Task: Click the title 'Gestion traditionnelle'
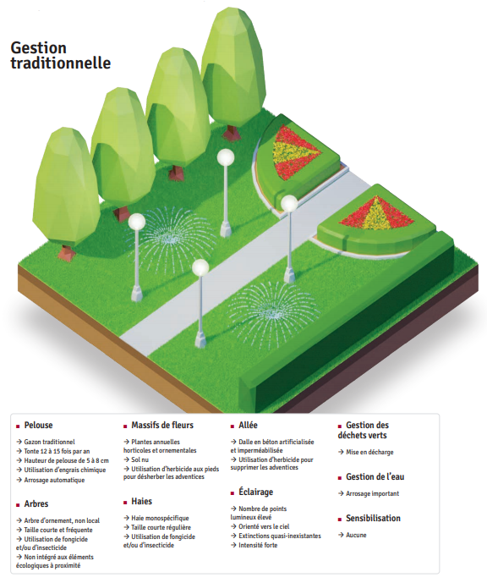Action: tap(61, 55)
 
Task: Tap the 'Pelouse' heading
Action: tap(38, 425)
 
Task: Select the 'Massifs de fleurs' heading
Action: tap(162, 425)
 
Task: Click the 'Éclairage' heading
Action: tap(255, 492)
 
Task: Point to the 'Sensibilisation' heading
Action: tap(373, 518)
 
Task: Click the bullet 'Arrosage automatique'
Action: tap(54, 480)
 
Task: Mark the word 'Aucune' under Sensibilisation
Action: tap(356, 535)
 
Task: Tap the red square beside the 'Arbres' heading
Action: tap(18, 505)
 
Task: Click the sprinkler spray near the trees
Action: tap(171, 234)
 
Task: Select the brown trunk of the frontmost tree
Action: tap(67, 253)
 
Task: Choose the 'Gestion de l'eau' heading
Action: tap(375, 476)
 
